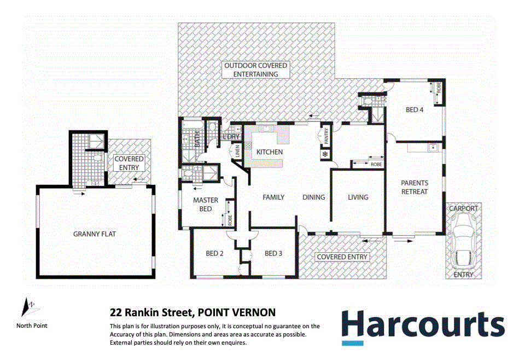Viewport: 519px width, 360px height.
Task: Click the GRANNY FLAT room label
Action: [x=95, y=234]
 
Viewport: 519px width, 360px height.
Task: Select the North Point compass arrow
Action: [x=27, y=307]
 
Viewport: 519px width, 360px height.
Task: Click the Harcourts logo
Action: [x=423, y=326]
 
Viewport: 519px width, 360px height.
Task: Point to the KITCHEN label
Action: [x=270, y=152]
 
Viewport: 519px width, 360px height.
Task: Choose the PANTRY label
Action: [x=326, y=137]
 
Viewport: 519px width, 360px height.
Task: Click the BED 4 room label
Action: [x=415, y=109]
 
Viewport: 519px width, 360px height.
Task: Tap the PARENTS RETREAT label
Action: [x=415, y=187]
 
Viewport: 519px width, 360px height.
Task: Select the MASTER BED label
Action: [x=206, y=205]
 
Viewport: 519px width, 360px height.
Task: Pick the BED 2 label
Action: [x=215, y=253]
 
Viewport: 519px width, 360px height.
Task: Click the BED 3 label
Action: [x=273, y=253]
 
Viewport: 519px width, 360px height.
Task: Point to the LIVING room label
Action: [x=358, y=197]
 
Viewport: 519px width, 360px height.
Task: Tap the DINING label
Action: [x=314, y=197]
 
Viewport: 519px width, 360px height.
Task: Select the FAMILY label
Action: [x=273, y=197]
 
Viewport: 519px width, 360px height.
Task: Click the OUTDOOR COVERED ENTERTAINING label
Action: [x=255, y=69]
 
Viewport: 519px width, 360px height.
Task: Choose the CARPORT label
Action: [x=463, y=208]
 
